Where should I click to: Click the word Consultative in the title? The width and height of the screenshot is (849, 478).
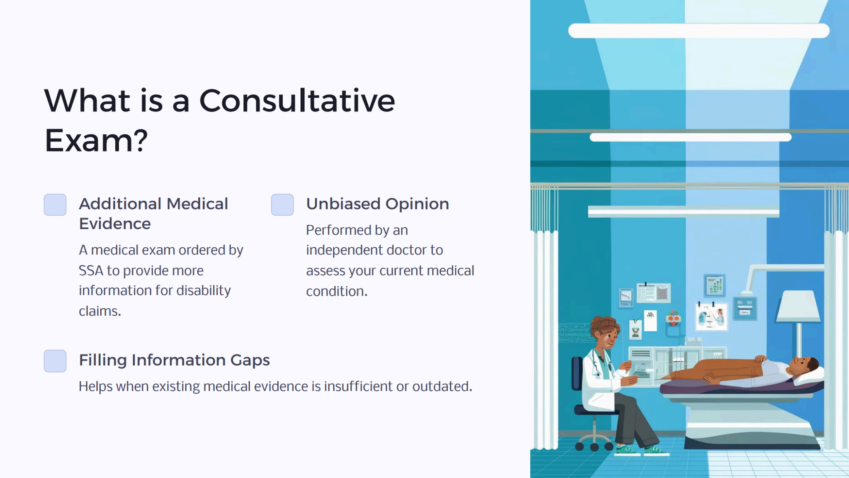tap(297, 101)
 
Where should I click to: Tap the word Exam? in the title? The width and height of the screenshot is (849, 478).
tap(96, 141)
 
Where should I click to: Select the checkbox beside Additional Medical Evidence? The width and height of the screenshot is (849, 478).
tap(55, 205)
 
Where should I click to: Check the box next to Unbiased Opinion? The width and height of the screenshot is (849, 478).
tap(282, 205)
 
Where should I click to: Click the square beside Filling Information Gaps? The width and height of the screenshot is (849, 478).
tap(55, 361)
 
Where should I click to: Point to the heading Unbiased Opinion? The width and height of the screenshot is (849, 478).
tap(377, 204)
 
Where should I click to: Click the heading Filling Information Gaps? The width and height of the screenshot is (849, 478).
tap(174, 360)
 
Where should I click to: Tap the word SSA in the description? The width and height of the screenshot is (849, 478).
tap(91, 271)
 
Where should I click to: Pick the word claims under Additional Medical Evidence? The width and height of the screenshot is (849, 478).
tap(99, 311)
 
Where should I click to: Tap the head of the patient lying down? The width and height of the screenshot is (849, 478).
tap(804, 365)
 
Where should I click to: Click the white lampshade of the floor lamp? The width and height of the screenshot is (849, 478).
tap(798, 306)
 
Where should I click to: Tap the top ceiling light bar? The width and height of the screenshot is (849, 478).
tap(699, 31)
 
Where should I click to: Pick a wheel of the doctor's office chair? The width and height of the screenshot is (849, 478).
tap(594, 447)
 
